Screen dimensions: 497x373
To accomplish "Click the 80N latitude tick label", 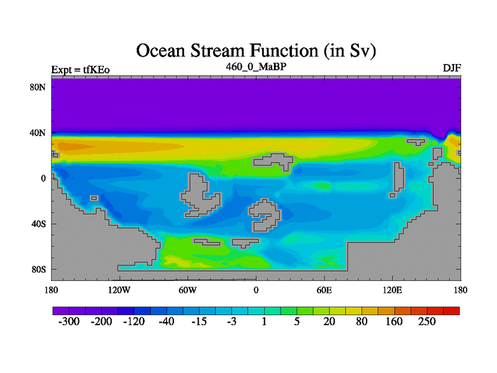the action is click(x=38, y=87).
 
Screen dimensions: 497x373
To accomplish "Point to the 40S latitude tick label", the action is click(x=39, y=224).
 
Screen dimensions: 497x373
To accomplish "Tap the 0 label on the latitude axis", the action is click(x=43, y=178).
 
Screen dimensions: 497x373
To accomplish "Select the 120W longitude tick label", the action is click(x=119, y=290).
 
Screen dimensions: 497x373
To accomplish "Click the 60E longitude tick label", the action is click(x=324, y=290).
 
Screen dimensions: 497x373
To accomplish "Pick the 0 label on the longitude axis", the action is click(x=256, y=290).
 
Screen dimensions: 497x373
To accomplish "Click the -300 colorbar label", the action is click(x=69, y=321).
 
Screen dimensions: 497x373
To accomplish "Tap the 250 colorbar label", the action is click(x=427, y=321).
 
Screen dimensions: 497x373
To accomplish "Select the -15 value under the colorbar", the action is click(x=199, y=321).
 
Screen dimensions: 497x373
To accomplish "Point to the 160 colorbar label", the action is click(x=394, y=321).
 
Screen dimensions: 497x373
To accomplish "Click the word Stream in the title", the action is click(x=219, y=51).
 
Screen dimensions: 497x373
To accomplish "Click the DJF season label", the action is click(x=452, y=68).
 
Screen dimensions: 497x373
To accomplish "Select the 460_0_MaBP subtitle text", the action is click(x=256, y=67).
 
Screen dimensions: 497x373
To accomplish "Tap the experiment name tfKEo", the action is click(x=96, y=70).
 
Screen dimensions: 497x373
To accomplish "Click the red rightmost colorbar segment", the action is click(x=452, y=311).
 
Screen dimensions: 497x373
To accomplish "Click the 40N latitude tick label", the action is click(x=38, y=133).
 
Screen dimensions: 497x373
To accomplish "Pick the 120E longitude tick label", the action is click(x=393, y=290).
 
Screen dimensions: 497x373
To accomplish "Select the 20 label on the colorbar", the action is click(x=329, y=321).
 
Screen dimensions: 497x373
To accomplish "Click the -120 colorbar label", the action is click(x=134, y=321).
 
